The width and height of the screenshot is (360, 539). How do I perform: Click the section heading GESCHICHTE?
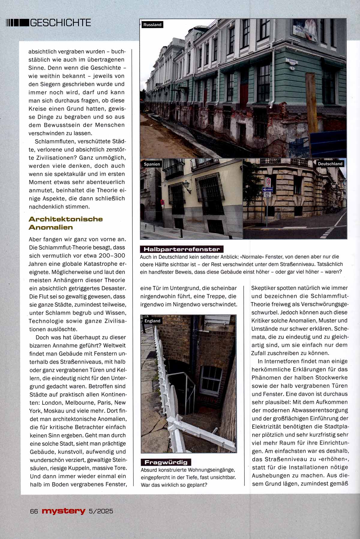click(60, 22)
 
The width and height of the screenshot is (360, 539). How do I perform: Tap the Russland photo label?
click(152, 25)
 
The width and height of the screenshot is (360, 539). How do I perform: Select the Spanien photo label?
click(152, 164)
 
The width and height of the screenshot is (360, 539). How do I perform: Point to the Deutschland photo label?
click(330, 164)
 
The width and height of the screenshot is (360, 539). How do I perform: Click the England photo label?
click(152, 321)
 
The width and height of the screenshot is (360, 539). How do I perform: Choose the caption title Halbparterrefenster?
click(182, 249)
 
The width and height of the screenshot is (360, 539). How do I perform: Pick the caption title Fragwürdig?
click(166, 462)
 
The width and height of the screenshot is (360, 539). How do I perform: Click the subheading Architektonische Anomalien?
click(66, 223)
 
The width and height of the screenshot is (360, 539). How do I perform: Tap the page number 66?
click(33, 511)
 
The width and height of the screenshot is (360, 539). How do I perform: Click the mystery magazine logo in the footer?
click(64, 511)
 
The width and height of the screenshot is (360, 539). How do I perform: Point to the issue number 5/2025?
click(101, 511)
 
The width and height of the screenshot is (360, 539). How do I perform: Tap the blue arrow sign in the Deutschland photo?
click(267, 189)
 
